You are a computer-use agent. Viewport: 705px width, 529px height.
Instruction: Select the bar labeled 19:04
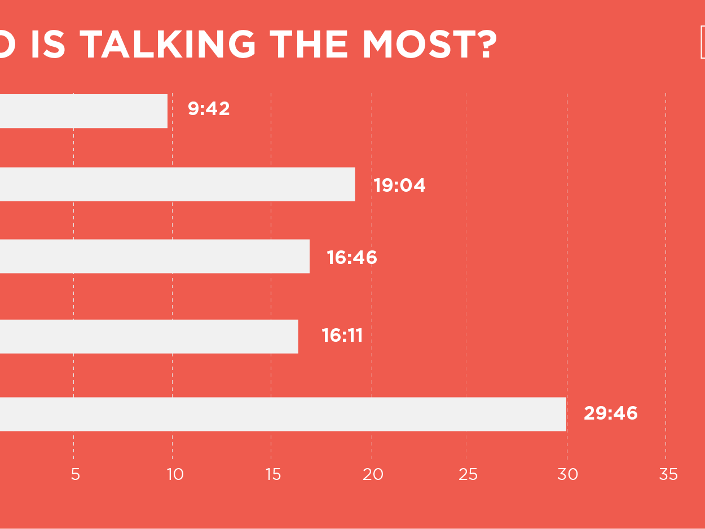pyautogui.click(x=177, y=184)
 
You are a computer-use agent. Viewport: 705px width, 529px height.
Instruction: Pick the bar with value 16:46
pyautogui.click(x=155, y=257)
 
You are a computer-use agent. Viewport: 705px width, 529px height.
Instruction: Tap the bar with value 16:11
pyautogui.click(x=149, y=337)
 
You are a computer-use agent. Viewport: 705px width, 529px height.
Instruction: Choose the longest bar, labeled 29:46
pyautogui.click(x=283, y=415)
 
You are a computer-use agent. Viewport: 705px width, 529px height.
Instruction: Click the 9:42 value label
pyautogui.click(x=209, y=109)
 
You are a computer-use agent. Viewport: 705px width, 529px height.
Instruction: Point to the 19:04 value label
pyautogui.click(x=399, y=185)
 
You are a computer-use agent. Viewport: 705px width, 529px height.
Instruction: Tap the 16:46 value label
pyautogui.click(x=352, y=258)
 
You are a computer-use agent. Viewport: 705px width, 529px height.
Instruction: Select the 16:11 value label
pyautogui.click(x=342, y=336)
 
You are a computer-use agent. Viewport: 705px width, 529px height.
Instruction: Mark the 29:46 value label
pyautogui.click(x=610, y=413)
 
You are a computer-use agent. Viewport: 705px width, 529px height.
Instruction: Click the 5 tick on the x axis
pyautogui.click(x=75, y=475)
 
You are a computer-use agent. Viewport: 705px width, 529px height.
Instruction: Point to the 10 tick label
pyautogui.click(x=175, y=475)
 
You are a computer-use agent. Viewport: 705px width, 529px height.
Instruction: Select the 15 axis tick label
pyautogui.click(x=273, y=475)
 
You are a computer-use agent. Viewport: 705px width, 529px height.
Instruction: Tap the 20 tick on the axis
pyautogui.click(x=373, y=475)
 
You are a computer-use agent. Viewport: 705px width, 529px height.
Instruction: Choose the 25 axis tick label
pyautogui.click(x=468, y=475)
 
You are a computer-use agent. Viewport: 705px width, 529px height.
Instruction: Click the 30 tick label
pyautogui.click(x=568, y=475)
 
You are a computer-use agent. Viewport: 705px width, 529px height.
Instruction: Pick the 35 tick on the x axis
pyautogui.click(x=668, y=475)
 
